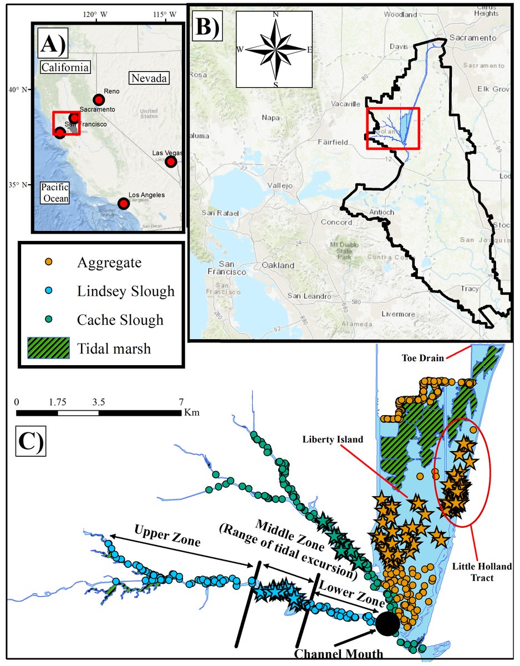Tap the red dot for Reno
pos(99,100)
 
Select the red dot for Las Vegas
pos(171,162)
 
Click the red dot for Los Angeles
pos(123,204)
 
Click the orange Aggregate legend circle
pos(49,263)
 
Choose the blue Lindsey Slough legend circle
pos(49,291)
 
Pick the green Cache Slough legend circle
pos(49,320)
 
